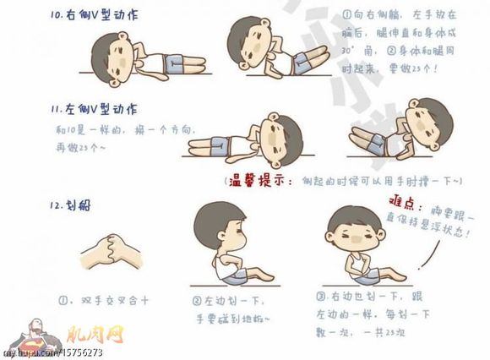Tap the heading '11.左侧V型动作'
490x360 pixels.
[x=94, y=110]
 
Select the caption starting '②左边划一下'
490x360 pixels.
[x=230, y=308]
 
